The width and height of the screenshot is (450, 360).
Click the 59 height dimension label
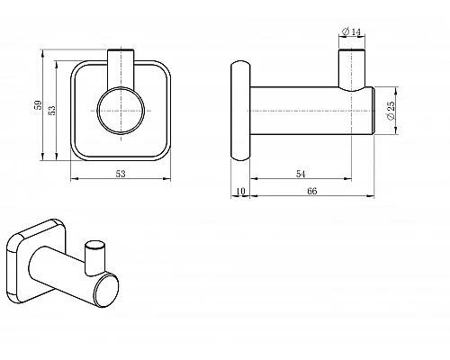[38, 105]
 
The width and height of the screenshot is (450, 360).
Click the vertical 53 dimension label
[52, 110]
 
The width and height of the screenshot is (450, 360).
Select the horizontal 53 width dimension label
[121, 174]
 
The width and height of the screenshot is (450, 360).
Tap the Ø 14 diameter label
[352, 31]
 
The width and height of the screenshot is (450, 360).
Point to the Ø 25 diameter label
[391, 111]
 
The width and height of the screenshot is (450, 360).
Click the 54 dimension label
[301, 174]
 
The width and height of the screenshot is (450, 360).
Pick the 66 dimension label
[312, 191]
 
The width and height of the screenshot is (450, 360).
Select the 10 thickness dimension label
[241, 191]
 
